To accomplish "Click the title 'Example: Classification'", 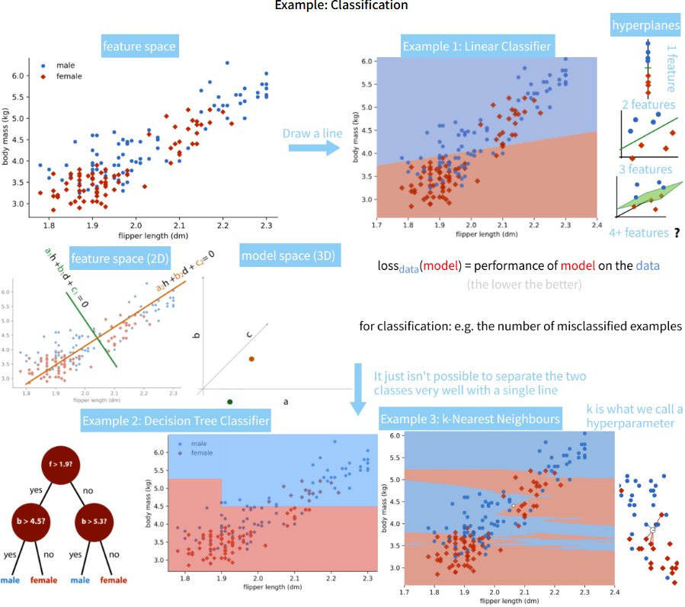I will (x=342, y=6).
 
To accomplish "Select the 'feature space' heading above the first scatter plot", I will (x=139, y=47).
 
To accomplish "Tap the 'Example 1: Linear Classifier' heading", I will (x=476, y=47).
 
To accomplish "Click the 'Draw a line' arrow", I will (x=313, y=145).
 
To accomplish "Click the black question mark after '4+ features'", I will (x=677, y=233).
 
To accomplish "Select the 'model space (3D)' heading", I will (x=286, y=255).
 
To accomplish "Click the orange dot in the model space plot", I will (x=251, y=358).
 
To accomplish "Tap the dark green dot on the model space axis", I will (x=229, y=402).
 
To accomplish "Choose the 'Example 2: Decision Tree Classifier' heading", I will (x=175, y=420).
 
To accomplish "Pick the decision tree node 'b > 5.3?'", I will (x=95, y=523).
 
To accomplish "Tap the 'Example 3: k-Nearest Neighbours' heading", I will (x=470, y=419).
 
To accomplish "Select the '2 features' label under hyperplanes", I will (x=648, y=105).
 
